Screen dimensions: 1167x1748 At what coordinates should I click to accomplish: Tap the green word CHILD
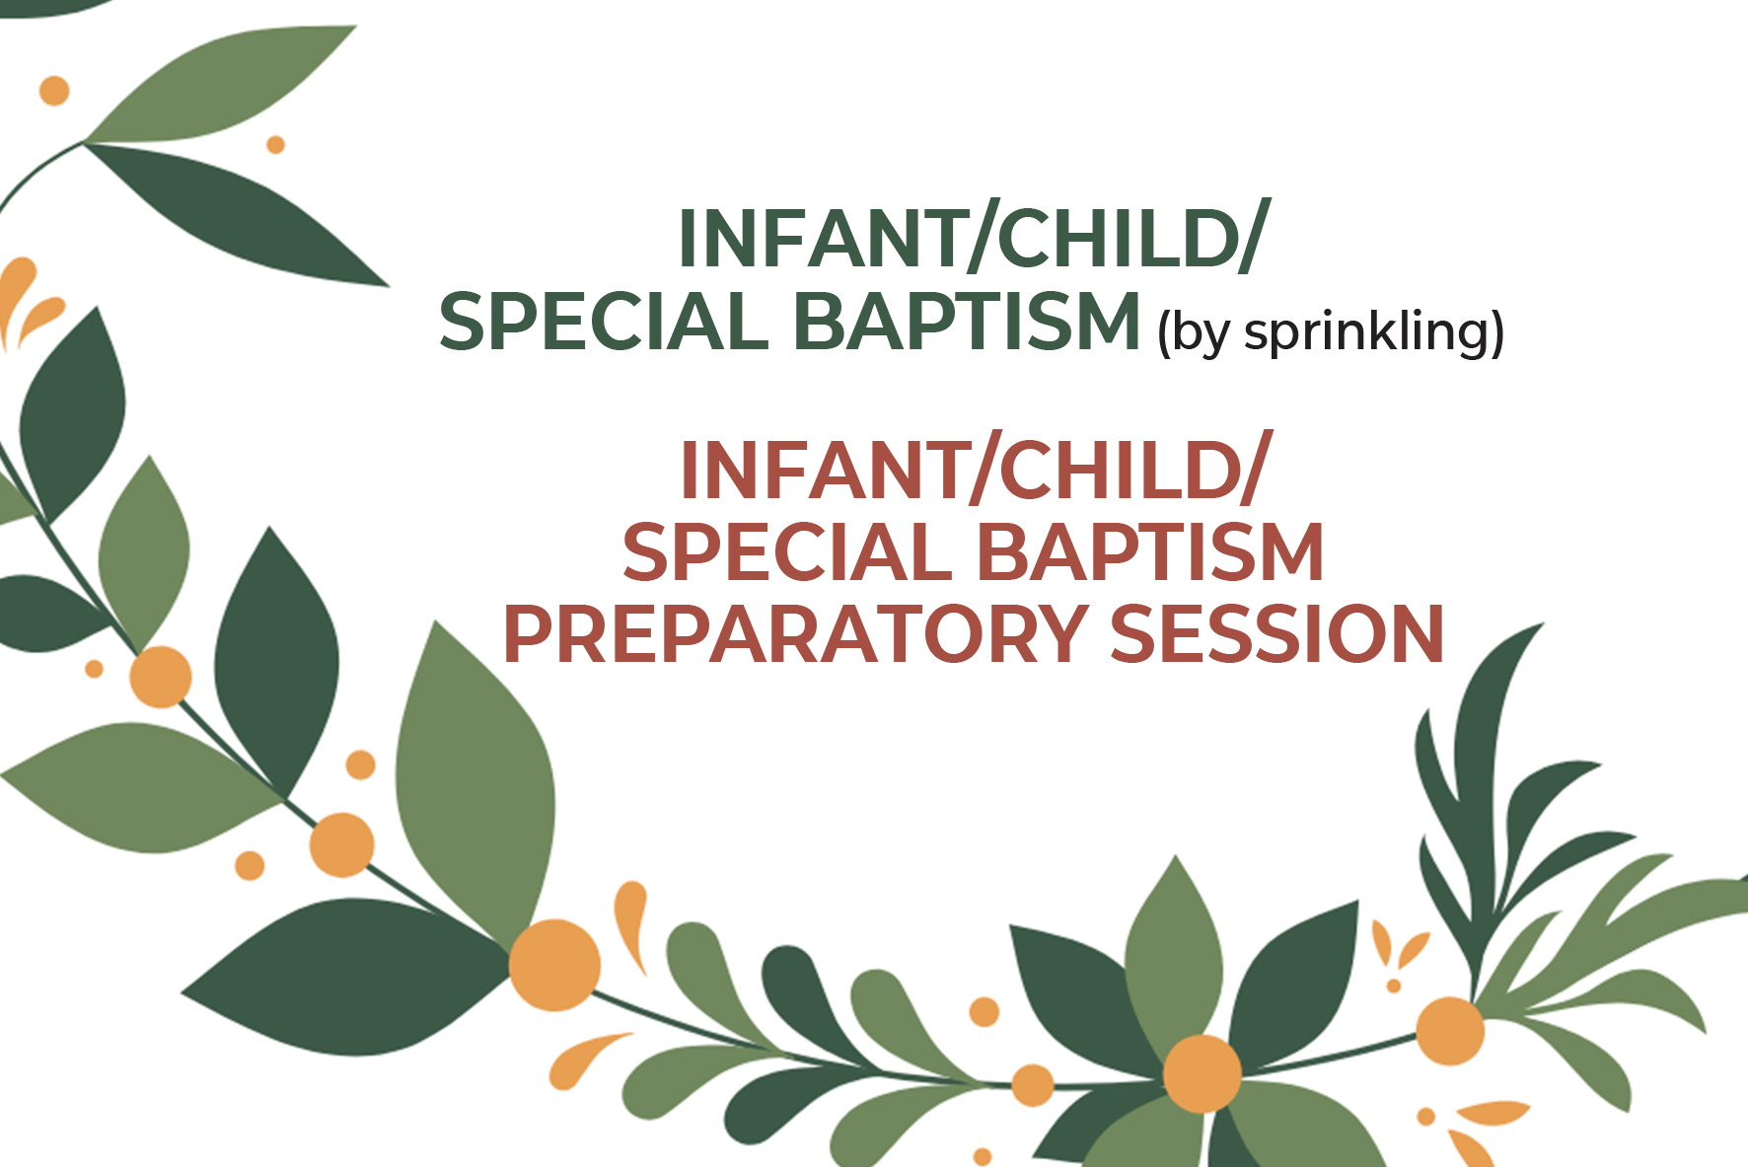1118,240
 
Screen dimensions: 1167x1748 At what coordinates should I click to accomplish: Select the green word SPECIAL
603,323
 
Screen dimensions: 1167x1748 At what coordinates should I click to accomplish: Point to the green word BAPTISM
967,323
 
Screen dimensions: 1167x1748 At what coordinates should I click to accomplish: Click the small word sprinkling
1365,332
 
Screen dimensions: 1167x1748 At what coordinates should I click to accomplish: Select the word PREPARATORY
795,634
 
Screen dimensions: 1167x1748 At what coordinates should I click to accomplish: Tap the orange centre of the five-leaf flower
1202,1073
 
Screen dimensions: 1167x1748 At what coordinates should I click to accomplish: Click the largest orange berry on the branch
554,965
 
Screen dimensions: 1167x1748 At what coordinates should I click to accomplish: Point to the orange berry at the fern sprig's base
1449,1031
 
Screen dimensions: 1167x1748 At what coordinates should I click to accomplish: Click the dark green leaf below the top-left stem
237,212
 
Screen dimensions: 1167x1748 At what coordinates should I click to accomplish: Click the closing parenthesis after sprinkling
1496,333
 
